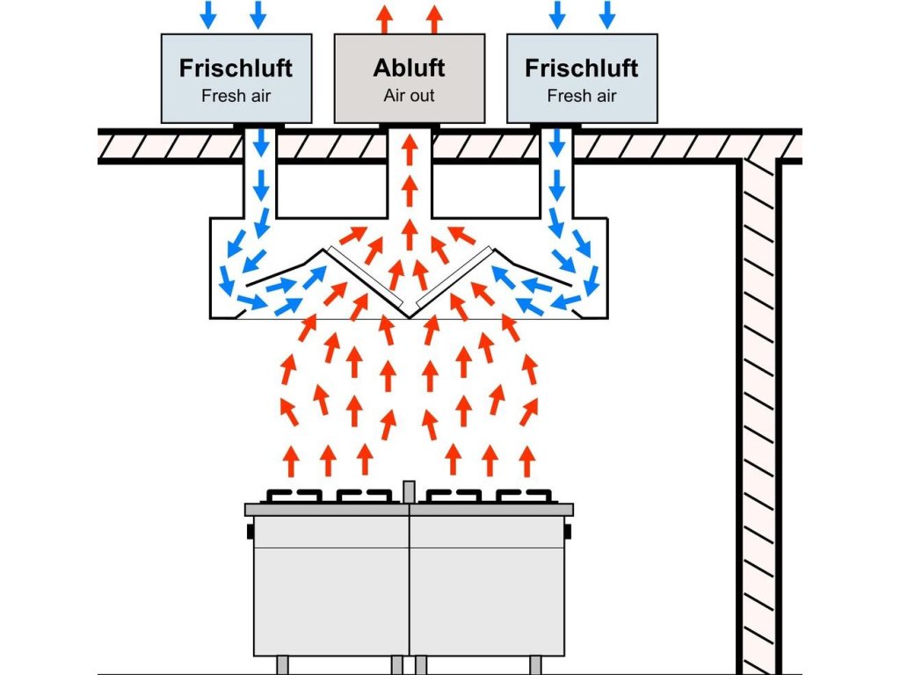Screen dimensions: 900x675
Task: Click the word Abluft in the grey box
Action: (x=409, y=68)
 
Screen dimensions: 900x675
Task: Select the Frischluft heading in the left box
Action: (x=236, y=68)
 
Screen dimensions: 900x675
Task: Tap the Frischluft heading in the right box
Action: (x=582, y=68)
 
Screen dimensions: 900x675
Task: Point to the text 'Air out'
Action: (x=409, y=95)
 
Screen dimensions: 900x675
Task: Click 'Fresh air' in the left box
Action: (x=236, y=95)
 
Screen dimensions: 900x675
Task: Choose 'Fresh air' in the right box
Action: (x=582, y=95)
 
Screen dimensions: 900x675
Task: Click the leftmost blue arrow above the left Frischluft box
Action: (x=207, y=14)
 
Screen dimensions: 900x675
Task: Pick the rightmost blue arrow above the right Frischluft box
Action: (x=607, y=14)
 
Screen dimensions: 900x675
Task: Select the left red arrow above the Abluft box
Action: (x=385, y=19)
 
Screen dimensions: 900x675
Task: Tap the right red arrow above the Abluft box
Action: (x=434, y=19)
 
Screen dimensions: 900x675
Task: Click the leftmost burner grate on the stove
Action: (x=294, y=496)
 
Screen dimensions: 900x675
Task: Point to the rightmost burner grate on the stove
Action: (x=524, y=496)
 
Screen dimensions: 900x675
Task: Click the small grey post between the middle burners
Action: (x=409, y=492)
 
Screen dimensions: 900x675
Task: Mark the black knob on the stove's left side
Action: (x=250, y=532)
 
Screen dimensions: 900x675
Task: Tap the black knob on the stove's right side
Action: (x=568, y=532)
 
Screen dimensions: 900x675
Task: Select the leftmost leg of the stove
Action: (x=282, y=665)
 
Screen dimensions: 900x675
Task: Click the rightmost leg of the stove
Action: (x=535, y=665)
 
